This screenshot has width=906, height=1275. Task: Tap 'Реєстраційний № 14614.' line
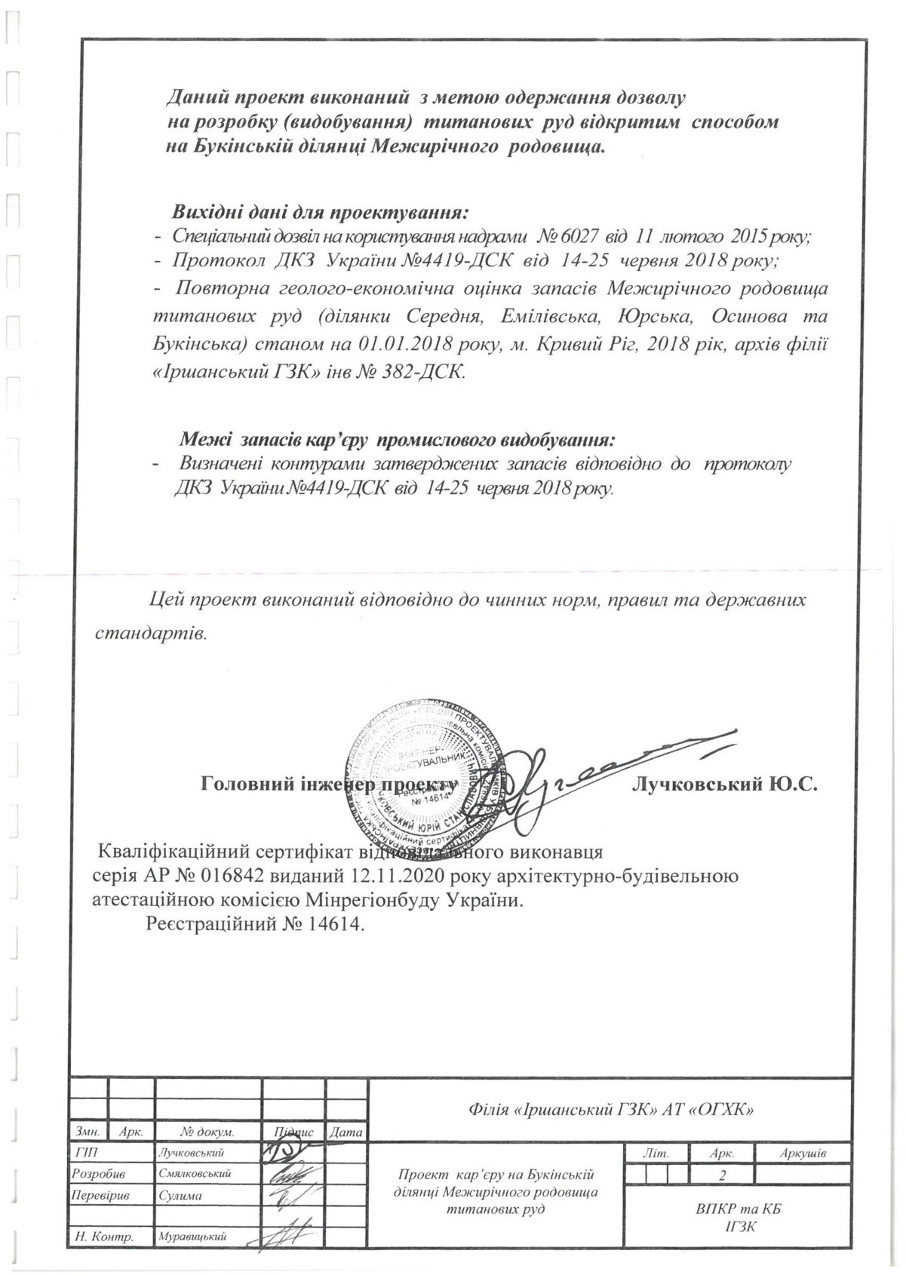pos(256,923)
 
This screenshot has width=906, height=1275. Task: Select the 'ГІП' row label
pos(88,1153)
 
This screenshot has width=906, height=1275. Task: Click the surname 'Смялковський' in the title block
pos(195,1174)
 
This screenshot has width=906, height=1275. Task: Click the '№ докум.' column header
pos(207,1132)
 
